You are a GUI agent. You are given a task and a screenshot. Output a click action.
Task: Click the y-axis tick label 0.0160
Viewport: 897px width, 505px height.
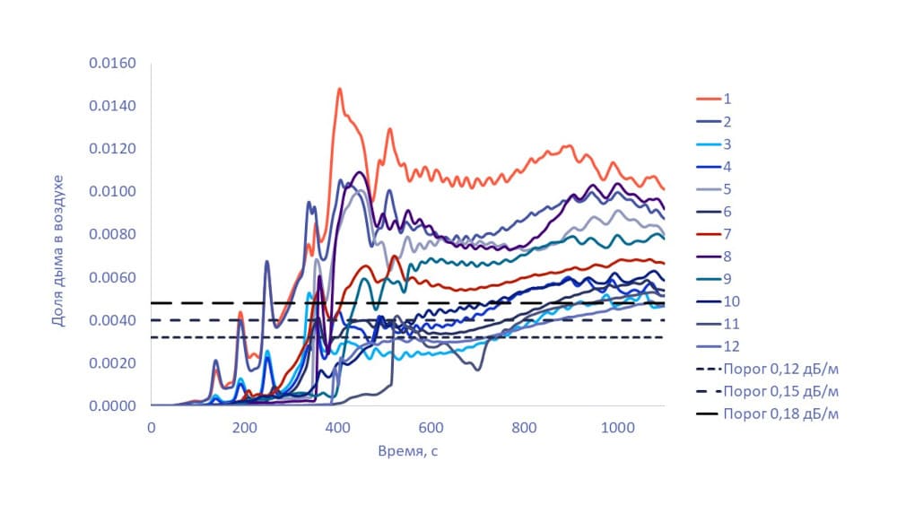[x=111, y=64]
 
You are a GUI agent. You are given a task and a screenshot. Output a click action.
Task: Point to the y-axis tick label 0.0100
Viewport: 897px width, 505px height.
[x=111, y=192]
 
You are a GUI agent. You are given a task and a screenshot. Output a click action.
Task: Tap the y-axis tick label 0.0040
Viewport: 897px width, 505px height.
[x=111, y=320]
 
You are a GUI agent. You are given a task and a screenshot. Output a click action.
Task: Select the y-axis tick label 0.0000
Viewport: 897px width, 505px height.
[x=111, y=406]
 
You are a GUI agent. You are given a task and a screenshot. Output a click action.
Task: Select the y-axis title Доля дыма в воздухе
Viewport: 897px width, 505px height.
[x=60, y=235]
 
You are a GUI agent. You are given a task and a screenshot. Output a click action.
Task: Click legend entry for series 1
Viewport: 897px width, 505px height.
[x=727, y=99]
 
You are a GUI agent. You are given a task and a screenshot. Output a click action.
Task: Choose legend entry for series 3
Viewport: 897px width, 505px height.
[x=727, y=144]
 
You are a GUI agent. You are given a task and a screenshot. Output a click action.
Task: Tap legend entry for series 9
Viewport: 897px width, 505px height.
[x=727, y=278]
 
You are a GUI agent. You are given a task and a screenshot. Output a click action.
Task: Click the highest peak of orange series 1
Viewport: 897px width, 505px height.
[x=339, y=89]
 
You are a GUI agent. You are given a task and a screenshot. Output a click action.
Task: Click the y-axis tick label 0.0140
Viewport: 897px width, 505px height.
[x=111, y=107]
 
